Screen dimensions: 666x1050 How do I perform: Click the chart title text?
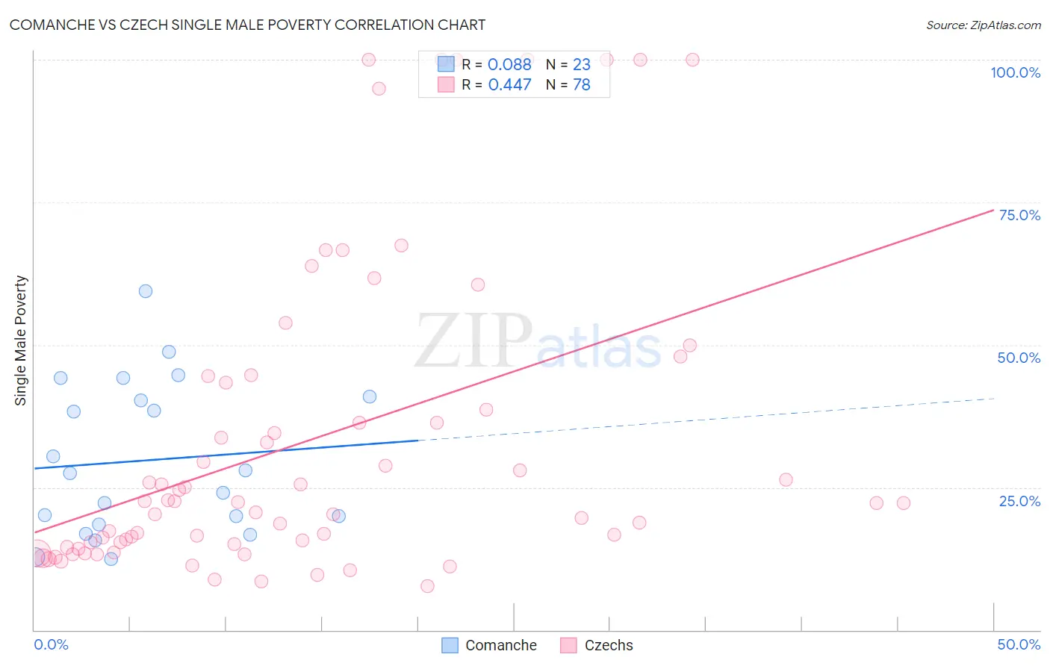[x=247, y=25]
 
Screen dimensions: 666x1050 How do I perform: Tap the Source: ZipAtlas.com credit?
[x=983, y=25]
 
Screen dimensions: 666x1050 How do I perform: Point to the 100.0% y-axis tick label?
[x=1015, y=72]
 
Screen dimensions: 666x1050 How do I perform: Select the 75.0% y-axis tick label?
[x=1019, y=215]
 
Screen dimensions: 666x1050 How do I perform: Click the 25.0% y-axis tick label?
[x=1019, y=501]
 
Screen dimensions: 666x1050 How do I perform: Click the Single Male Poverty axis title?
[x=21, y=340]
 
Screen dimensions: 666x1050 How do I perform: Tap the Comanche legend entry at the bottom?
[x=489, y=645]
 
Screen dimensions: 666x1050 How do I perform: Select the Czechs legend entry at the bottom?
[x=597, y=645]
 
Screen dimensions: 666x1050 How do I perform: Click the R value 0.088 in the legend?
[x=509, y=65]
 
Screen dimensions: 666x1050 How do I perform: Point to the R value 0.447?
[x=509, y=85]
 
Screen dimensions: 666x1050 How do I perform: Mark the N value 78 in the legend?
[x=581, y=85]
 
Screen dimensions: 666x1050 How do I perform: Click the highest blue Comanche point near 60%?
[x=146, y=291]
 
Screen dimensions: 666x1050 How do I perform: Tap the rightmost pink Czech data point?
[x=904, y=503]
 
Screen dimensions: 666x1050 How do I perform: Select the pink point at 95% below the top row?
[x=379, y=88]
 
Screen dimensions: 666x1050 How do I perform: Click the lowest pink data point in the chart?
[x=427, y=586]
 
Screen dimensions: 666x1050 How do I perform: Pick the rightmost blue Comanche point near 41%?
[x=370, y=396]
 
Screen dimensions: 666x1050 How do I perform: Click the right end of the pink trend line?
[x=993, y=210]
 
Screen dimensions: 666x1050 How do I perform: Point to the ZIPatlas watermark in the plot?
[x=538, y=342]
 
